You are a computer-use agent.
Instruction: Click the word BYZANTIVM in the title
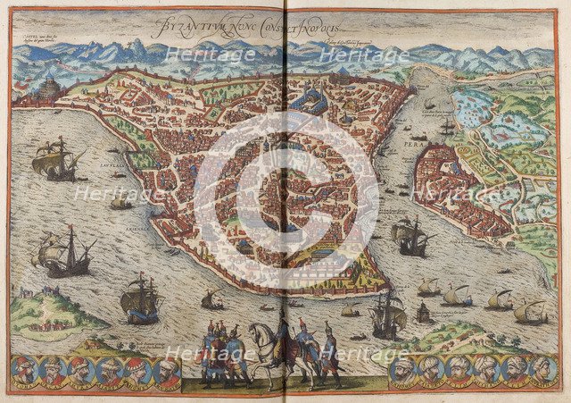[x=184, y=26]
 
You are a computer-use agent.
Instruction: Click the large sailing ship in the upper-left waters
[x=54, y=159]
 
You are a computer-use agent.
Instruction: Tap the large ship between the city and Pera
[x=411, y=237]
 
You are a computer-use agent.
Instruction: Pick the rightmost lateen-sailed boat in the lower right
[x=532, y=312]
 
